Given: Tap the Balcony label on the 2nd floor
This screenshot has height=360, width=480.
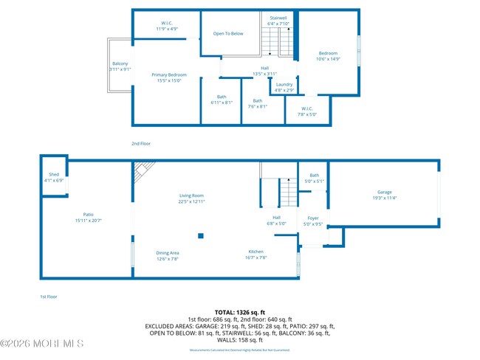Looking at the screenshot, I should point(120,64).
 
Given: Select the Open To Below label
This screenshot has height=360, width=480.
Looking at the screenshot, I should point(228,34).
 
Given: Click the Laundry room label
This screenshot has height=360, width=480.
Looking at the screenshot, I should point(284,85).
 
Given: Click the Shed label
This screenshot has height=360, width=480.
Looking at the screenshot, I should point(53,174).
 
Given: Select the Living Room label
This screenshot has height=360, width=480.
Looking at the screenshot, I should point(191,195).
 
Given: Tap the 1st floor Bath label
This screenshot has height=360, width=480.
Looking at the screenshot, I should point(314,175).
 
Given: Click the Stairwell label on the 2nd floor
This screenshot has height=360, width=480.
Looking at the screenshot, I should point(278,17).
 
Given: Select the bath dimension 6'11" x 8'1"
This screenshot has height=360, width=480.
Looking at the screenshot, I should point(222,103).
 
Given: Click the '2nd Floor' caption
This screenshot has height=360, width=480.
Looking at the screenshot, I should point(140,143).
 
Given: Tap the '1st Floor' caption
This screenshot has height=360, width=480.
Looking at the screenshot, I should point(49,296).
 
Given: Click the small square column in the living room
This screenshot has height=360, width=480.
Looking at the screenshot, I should point(201,236).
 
